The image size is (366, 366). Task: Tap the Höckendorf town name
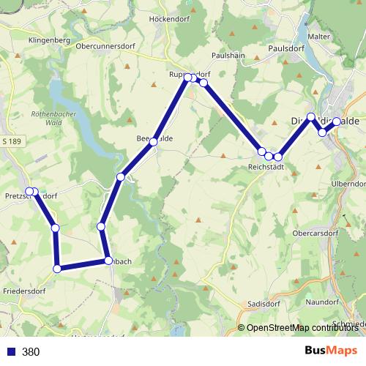[x=168, y=19]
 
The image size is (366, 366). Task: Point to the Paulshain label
[x=227, y=56]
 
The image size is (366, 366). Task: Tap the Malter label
[x=319, y=37]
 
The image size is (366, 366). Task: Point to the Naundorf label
[x=322, y=291]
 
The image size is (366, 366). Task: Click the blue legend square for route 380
[x=10, y=352]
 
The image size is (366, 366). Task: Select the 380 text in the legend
[x=31, y=352]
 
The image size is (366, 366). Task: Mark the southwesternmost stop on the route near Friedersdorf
[x=58, y=269]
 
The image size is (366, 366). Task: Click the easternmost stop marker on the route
[x=337, y=122]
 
